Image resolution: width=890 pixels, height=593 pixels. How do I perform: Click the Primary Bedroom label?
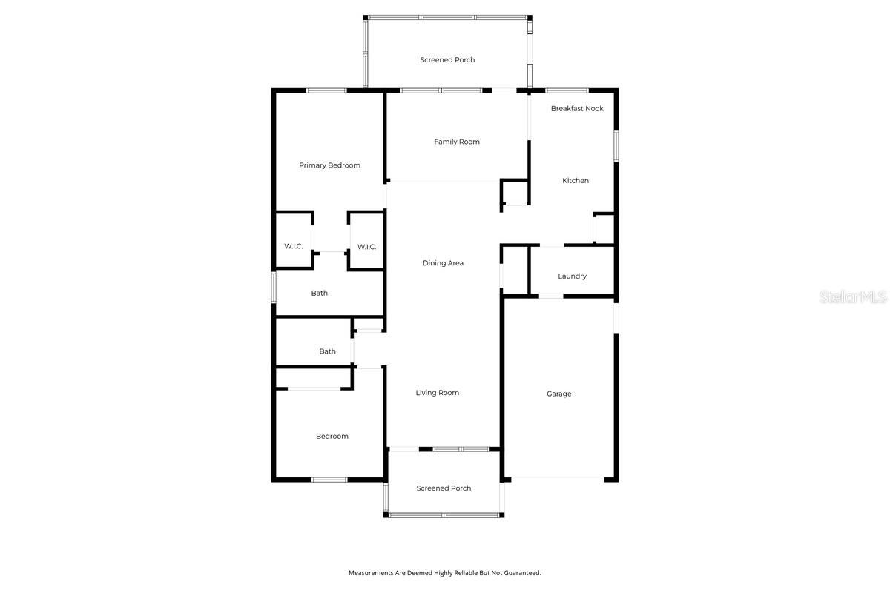pyautogui.click(x=329, y=165)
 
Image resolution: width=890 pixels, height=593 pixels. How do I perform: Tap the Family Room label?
pyautogui.click(x=457, y=142)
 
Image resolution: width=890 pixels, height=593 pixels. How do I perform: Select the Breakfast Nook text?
pyautogui.click(x=577, y=108)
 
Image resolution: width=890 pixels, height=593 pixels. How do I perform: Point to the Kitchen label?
pyautogui.click(x=576, y=181)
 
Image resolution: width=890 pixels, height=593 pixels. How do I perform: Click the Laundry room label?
pyautogui.click(x=572, y=276)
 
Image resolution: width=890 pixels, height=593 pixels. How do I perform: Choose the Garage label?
pyautogui.click(x=558, y=394)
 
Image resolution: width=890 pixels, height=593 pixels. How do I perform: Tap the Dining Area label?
pyautogui.click(x=443, y=263)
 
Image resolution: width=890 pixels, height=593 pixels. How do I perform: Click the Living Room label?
pyautogui.click(x=437, y=393)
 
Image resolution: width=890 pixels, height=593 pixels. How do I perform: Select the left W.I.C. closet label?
pyautogui.click(x=294, y=246)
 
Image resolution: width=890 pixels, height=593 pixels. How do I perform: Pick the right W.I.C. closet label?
pyautogui.click(x=366, y=247)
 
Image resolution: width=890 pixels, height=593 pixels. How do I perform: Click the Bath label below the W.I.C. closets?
pyautogui.click(x=319, y=294)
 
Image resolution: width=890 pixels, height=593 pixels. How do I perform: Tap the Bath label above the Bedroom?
pyautogui.click(x=327, y=351)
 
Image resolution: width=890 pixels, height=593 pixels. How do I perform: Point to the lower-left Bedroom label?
pyautogui.click(x=332, y=437)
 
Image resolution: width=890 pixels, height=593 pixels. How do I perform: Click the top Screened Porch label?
pyautogui.click(x=447, y=60)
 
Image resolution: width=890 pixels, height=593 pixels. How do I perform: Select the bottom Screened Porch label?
pyautogui.click(x=444, y=488)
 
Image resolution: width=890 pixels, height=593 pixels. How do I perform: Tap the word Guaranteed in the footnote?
pyautogui.click(x=523, y=573)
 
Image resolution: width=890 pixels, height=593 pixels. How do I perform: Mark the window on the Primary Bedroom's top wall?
pyautogui.click(x=326, y=90)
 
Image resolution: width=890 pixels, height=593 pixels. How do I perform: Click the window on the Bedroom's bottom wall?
pyautogui.click(x=329, y=480)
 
